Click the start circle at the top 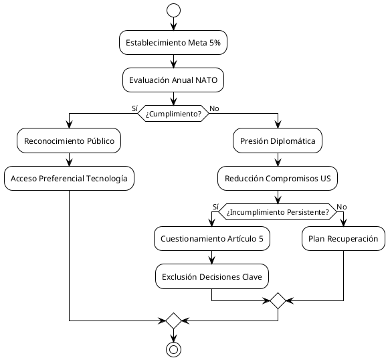click(173, 10)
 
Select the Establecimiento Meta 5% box click(173, 42)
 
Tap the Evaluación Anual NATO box click(173, 80)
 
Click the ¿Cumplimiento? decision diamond click(173, 113)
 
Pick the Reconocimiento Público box click(69, 141)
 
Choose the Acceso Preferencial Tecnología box click(69, 178)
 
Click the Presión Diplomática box click(278, 141)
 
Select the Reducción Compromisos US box click(278, 178)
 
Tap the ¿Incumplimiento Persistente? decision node click(278, 211)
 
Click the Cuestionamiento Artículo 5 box click(212, 239)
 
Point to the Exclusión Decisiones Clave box click(212, 276)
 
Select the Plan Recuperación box click(343, 239)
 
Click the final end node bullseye click(173, 349)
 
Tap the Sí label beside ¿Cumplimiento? click(134, 108)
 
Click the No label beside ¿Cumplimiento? click(213, 108)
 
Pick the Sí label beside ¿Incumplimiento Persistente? click(215, 206)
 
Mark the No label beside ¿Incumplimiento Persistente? click(341, 206)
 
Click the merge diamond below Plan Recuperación click(278, 300)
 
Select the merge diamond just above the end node click(173, 321)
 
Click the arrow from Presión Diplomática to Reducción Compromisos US click(278, 159)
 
